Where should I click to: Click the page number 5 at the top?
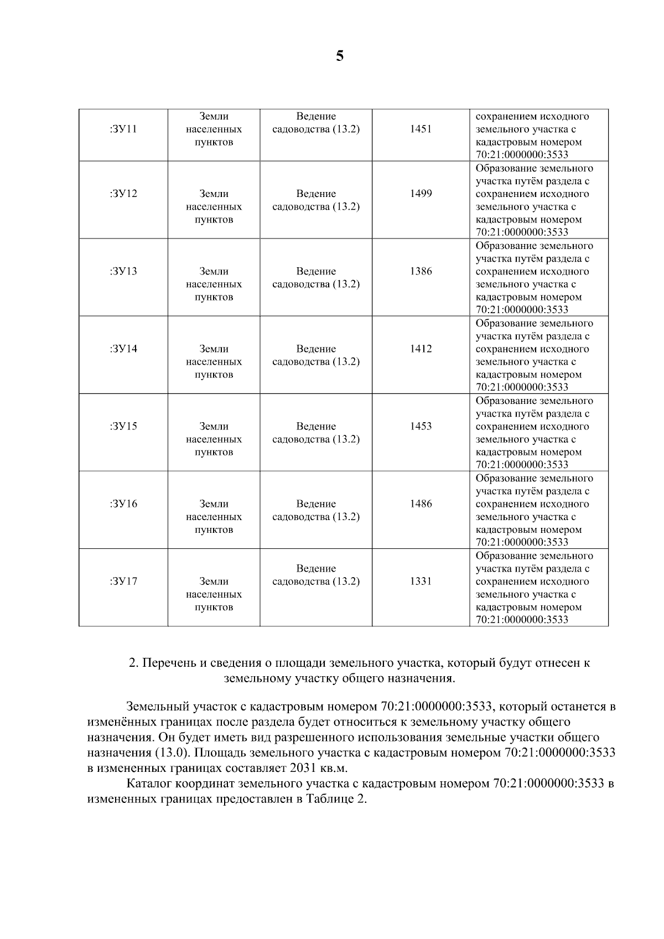point(340,56)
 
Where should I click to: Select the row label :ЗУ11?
point(123,129)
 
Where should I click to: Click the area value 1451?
point(421,129)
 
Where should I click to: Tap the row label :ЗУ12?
point(123,194)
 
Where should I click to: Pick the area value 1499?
point(421,194)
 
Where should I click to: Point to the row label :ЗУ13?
point(123,271)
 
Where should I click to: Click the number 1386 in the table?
point(421,271)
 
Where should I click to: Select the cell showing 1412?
point(421,349)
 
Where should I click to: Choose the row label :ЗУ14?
point(123,349)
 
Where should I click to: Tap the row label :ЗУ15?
point(123,426)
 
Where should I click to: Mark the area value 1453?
point(421,426)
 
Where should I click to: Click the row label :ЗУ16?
point(123,504)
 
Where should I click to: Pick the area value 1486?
point(421,504)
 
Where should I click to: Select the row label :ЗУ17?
point(123,581)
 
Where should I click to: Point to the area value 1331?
point(421,581)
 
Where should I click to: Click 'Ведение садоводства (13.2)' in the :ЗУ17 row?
point(316,575)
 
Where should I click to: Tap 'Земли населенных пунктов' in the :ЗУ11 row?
point(214,129)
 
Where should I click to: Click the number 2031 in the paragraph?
point(302,769)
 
